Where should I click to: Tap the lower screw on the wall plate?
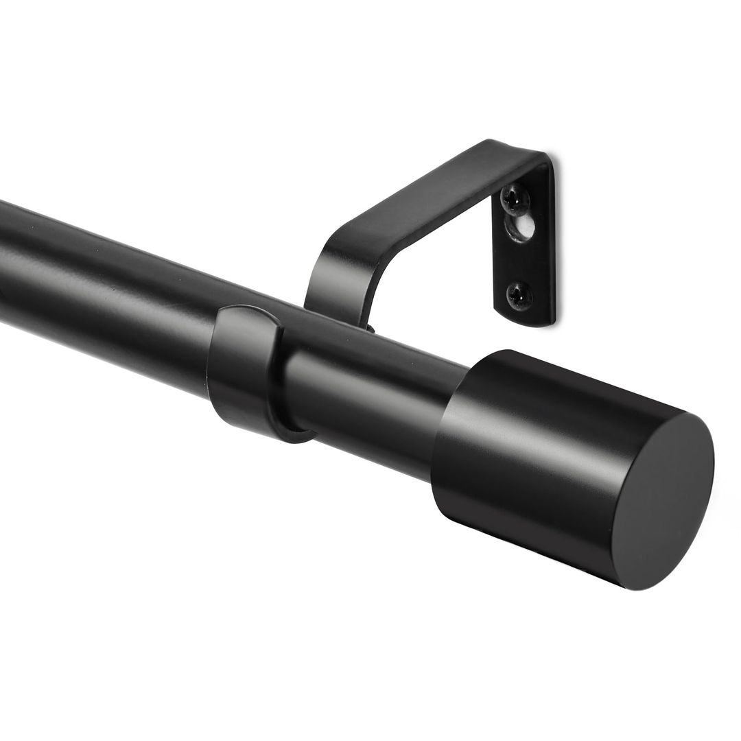click(519, 295)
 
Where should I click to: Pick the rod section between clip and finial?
click(370, 384)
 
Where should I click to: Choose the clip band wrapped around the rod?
click(244, 370)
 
